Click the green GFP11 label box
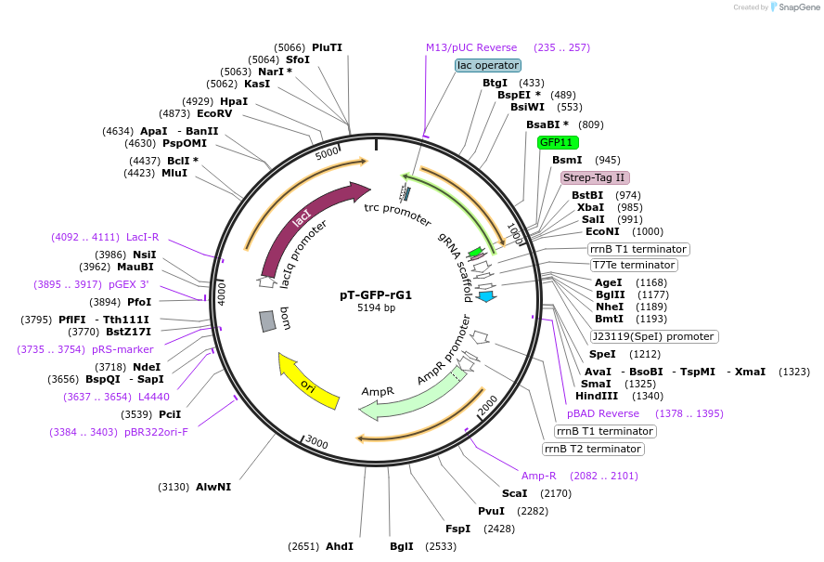click(558, 142)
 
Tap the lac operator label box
click(487, 65)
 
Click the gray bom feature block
click(267, 320)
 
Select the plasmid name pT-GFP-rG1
click(376, 294)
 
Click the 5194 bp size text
click(376, 307)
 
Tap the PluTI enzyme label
click(327, 47)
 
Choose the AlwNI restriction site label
click(213, 487)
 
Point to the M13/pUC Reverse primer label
click(471, 47)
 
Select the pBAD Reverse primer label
click(603, 413)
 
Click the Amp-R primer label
click(539, 476)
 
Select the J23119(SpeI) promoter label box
click(653, 336)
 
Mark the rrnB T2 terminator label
click(593, 449)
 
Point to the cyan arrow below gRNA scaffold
click(484, 296)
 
